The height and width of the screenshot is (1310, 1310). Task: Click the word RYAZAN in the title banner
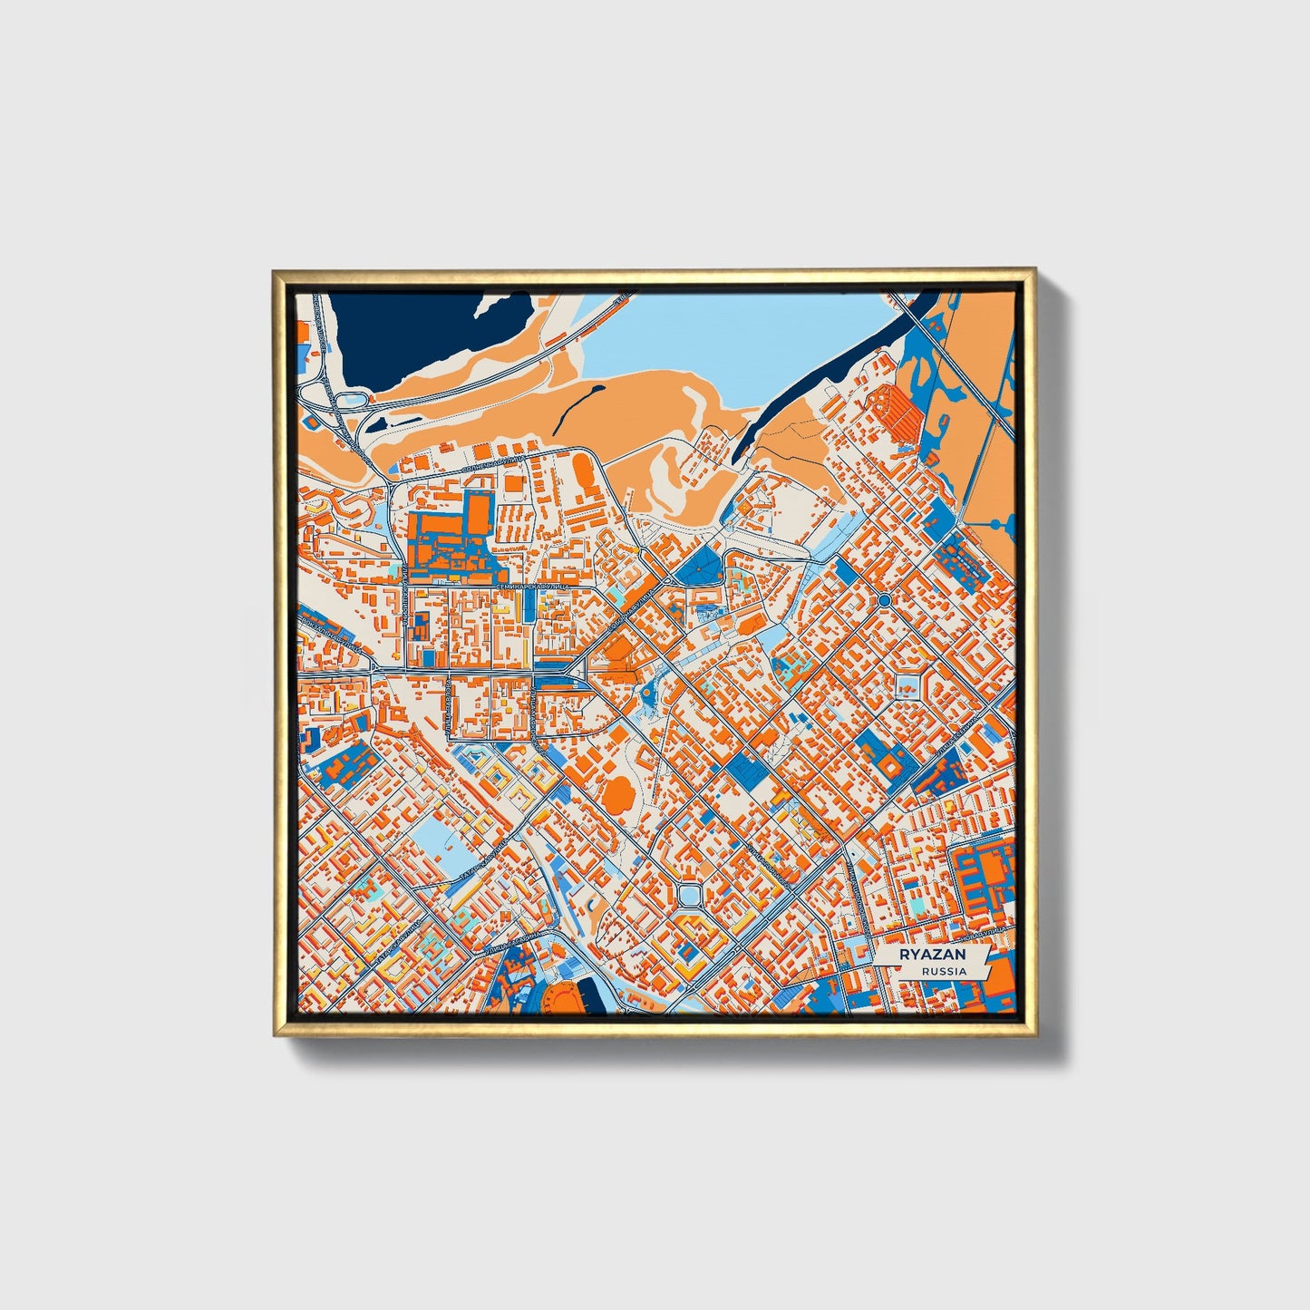(931, 955)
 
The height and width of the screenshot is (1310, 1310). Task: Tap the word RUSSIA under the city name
(943, 971)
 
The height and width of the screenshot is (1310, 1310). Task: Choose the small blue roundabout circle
(884, 600)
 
